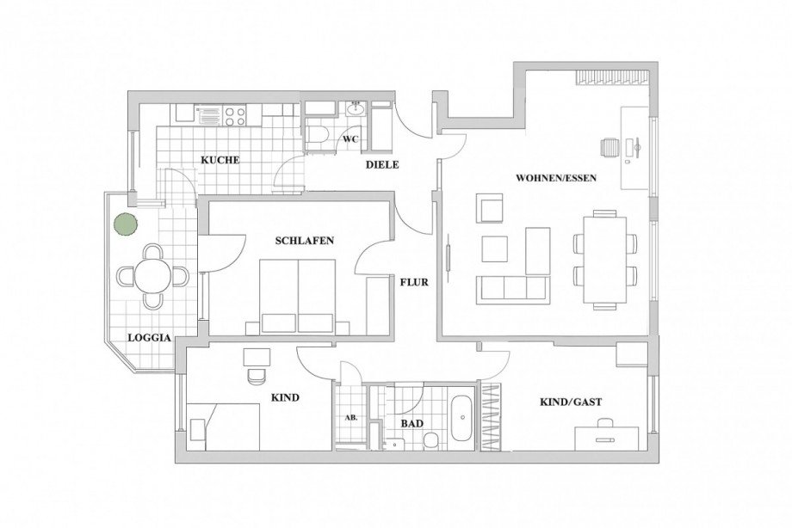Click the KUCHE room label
tap(220, 160)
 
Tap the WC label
tap(350, 138)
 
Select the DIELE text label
tap(381, 164)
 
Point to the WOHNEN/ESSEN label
tap(555, 179)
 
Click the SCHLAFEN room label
tap(305, 241)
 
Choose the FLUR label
tap(413, 281)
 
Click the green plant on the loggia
tap(126, 224)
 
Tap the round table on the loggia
tap(152, 276)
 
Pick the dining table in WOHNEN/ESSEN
tap(605, 259)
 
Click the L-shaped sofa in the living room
tap(513, 286)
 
